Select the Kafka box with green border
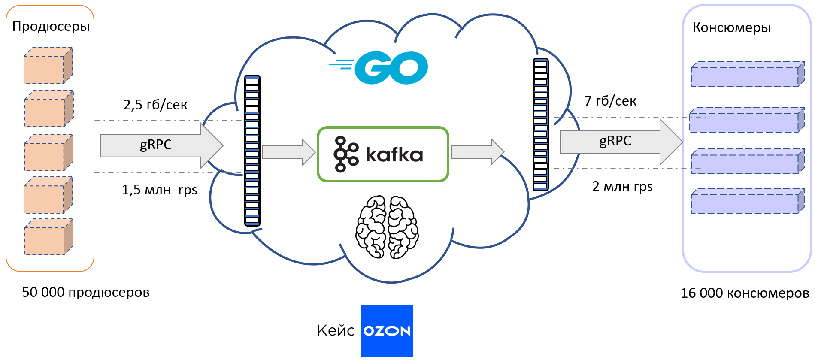(x=383, y=154)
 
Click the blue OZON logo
(x=387, y=330)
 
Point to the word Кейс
(x=336, y=330)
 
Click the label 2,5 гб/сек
(x=155, y=105)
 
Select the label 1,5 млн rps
(x=159, y=190)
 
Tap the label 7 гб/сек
(x=610, y=101)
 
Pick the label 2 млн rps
(x=622, y=186)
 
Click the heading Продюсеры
(x=51, y=27)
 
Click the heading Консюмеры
(x=731, y=28)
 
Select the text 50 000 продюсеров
(x=85, y=293)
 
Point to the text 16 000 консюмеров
(x=745, y=293)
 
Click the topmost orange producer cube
(x=48, y=66)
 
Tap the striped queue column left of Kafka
(x=252, y=150)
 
